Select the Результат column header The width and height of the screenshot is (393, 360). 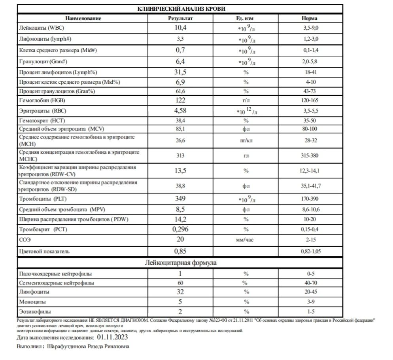tap(180, 18)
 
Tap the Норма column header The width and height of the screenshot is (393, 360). tap(309, 18)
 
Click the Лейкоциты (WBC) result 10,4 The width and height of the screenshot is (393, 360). tap(180, 28)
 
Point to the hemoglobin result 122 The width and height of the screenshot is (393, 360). tap(180, 100)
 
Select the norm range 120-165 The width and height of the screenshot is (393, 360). tap(309, 100)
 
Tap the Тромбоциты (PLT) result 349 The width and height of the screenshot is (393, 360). tap(180, 199)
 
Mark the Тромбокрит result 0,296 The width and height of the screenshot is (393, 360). tap(180, 229)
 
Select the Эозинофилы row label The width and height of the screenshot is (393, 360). tap(35, 312)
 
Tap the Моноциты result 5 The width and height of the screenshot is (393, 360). tap(180, 302)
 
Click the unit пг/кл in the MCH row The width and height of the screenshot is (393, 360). tap(246, 140)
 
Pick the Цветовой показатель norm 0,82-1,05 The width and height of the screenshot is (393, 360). tap(309, 251)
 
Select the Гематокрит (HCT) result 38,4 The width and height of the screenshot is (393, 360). tap(180, 120)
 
